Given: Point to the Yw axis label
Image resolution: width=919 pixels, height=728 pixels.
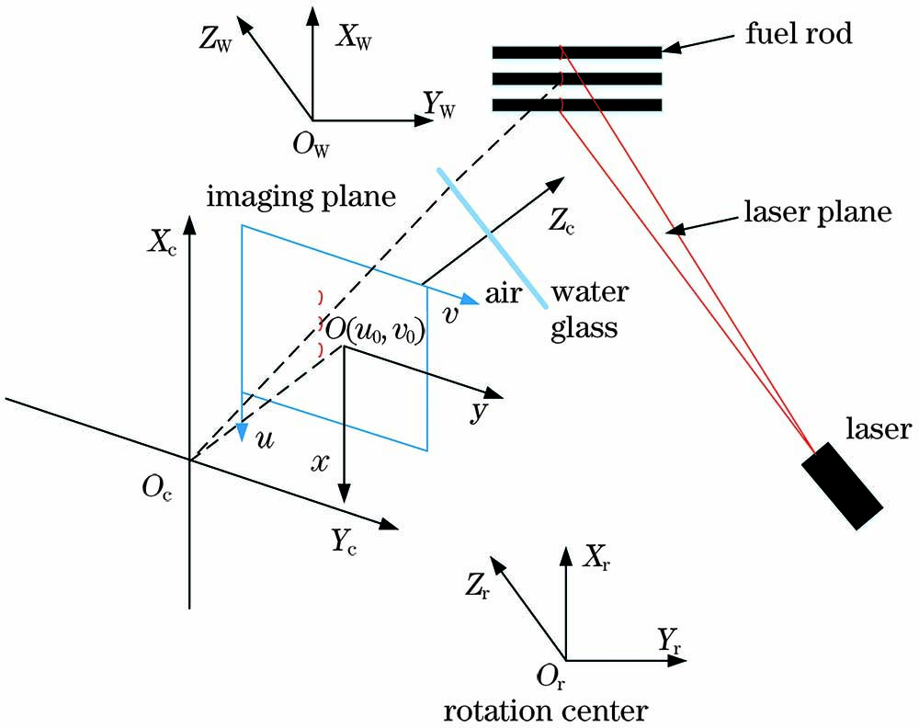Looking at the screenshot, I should pyautogui.click(x=440, y=101).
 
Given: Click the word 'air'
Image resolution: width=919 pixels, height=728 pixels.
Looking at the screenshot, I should pyautogui.click(x=505, y=296).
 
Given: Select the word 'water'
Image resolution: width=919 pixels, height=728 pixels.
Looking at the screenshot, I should pyautogui.click(x=589, y=294).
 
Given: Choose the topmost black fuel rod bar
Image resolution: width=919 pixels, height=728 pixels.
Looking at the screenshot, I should pyautogui.click(x=576, y=52).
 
